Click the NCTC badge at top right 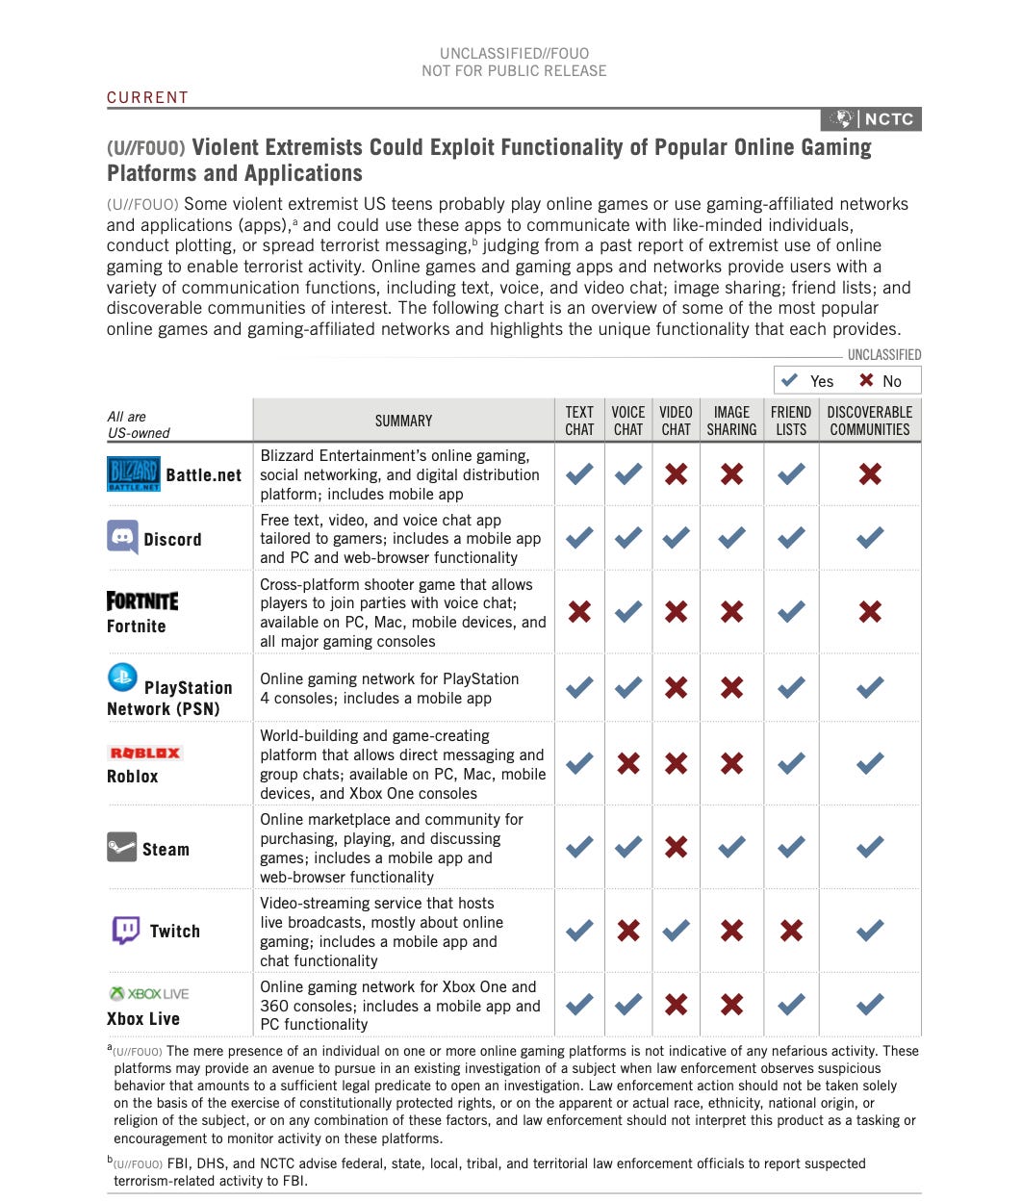click(871, 119)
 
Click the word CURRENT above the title click(147, 97)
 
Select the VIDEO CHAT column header click(676, 421)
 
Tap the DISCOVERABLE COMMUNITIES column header click(869, 421)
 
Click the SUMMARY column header click(403, 421)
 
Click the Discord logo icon click(122, 537)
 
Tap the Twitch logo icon click(126, 930)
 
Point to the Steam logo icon click(121, 847)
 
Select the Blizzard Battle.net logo click(133, 473)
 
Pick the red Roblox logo click(145, 753)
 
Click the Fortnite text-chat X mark click(579, 611)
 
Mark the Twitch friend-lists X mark click(791, 930)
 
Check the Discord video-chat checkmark click(676, 537)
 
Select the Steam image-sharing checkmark click(731, 847)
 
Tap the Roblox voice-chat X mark click(627, 763)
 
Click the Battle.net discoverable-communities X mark click(869, 473)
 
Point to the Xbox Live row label click(143, 1018)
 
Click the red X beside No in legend click(866, 380)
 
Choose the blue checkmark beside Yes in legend click(790, 380)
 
